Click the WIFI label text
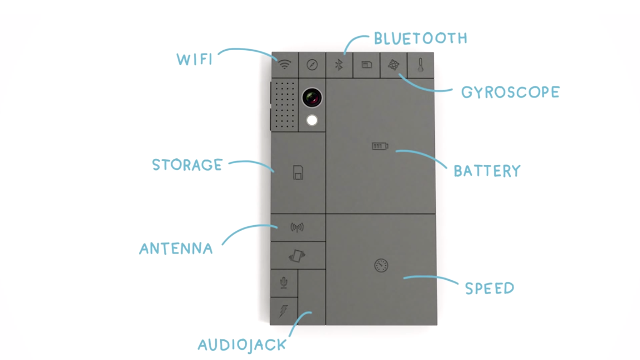pyautogui.click(x=195, y=60)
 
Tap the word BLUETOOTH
pyautogui.click(x=421, y=38)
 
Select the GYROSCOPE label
pyautogui.click(x=510, y=93)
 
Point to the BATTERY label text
pyautogui.click(x=487, y=171)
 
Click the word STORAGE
pyautogui.click(x=187, y=165)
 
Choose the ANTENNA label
pyautogui.click(x=176, y=249)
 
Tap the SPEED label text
pyautogui.click(x=489, y=289)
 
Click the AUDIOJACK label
pyautogui.click(x=242, y=345)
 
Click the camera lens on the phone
pyautogui.click(x=312, y=98)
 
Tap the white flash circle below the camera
pyautogui.click(x=312, y=120)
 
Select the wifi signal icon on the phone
pyautogui.click(x=284, y=65)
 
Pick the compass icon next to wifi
pyautogui.click(x=312, y=65)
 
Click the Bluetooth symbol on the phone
pyautogui.click(x=339, y=65)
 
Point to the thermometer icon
pyautogui.click(x=420, y=65)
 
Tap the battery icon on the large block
pyautogui.click(x=380, y=146)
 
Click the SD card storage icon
pyautogui.click(x=298, y=173)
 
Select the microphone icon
pyautogui.click(x=284, y=283)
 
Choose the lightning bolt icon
pyautogui.click(x=283, y=311)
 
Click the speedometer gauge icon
pyautogui.click(x=381, y=266)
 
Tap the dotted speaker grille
pyautogui.click(x=284, y=105)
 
